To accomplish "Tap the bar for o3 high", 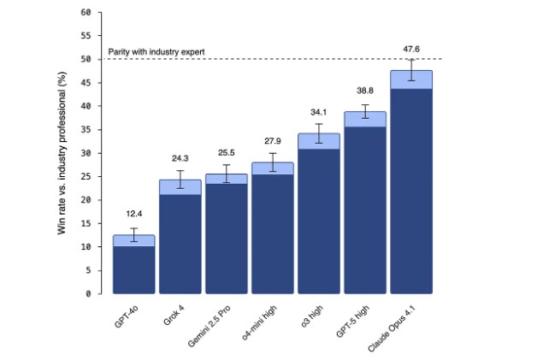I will coord(319,222).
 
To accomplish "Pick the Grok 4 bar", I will coord(180,244).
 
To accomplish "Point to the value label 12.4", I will coord(133,214).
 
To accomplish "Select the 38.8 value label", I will coord(365,90).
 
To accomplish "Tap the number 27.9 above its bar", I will coord(273,140).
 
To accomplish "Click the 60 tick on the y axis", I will coord(85,13).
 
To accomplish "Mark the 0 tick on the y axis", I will coord(87,293).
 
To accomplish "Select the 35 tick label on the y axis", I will coord(85,130).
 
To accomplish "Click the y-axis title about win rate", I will coord(62,154).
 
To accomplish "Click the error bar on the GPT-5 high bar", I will coord(365,111).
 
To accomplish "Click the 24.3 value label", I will coord(180,158).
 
